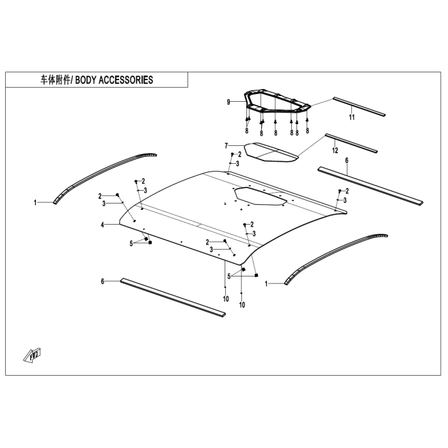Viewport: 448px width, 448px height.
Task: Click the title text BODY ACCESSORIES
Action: (115, 80)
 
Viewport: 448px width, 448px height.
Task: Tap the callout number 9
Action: (228, 102)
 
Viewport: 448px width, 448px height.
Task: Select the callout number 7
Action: (226, 145)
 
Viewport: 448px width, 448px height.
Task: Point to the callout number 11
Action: (351, 118)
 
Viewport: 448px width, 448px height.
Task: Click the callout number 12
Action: (335, 150)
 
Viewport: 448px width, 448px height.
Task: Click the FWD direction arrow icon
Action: (33, 354)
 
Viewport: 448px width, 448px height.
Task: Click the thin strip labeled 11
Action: (358, 106)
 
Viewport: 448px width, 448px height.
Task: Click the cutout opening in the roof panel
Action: (261, 195)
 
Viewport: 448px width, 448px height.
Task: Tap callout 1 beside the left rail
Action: (36, 202)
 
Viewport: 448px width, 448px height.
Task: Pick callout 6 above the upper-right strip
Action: (347, 161)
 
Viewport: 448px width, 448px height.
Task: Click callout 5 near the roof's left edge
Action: (131, 243)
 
